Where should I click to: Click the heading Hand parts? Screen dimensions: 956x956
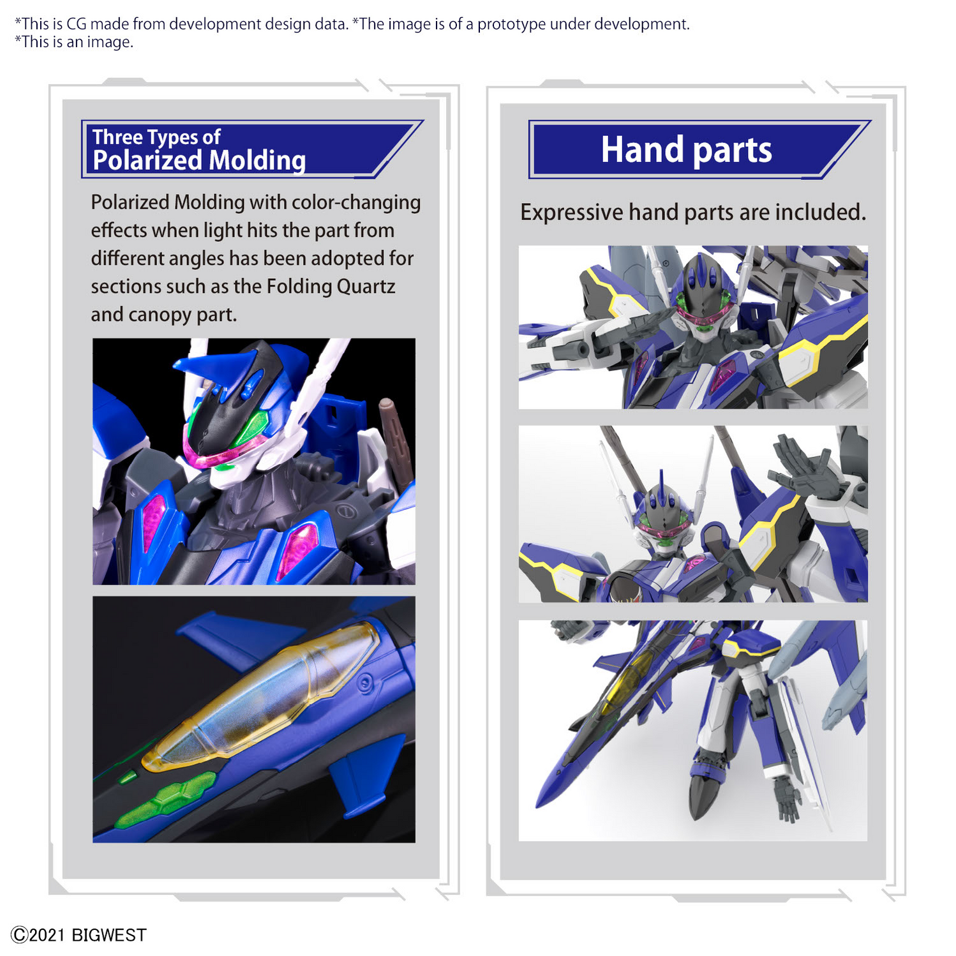pyautogui.click(x=686, y=150)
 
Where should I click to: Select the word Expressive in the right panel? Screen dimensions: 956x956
pyautogui.click(x=571, y=213)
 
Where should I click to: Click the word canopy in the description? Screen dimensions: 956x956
pyautogui.click(x=161, y=315)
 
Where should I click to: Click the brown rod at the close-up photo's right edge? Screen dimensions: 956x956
pyautogui.click(x=396, y=440)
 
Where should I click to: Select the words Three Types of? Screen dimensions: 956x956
pyautogui.click(x=156, y=137)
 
